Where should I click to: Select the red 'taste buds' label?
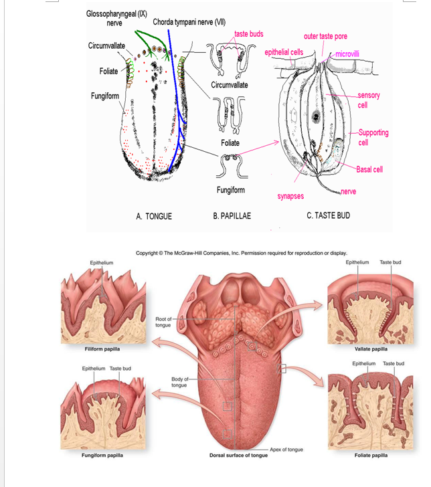[249, 33]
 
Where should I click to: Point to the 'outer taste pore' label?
[325, 36]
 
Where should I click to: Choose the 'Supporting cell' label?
[373, 137]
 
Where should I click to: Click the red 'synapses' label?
[290, 196]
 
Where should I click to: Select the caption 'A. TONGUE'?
[154, 216]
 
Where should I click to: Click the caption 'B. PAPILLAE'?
[232, 216]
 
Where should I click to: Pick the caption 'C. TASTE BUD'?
[329, 215]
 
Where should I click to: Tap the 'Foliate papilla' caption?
[371, 455]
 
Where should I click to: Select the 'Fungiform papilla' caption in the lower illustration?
[91, 455]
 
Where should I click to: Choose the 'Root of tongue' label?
[163, 322]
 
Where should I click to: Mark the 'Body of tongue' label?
[179, 382]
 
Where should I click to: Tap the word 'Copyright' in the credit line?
[149, 253]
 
